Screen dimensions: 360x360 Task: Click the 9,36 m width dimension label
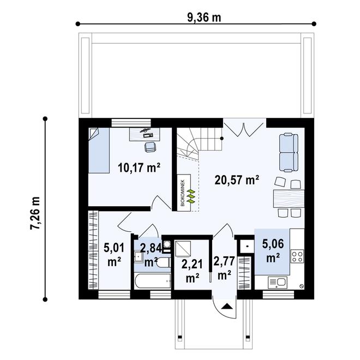click(x=204, y=18)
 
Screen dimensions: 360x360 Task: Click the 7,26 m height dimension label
click(x=35, y=213)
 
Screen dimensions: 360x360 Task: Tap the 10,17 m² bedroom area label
click(x=139, y=167)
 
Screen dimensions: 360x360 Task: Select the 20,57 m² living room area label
click(x=237, y=180)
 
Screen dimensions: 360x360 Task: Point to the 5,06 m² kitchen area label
click(x=273, y=250)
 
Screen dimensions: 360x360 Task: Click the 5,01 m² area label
click(x=114, y=255)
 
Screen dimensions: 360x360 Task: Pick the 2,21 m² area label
click(x=192, y=271)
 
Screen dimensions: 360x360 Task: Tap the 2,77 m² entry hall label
click(x=224, y=268)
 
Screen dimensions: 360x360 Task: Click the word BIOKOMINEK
click(x=183, y=193)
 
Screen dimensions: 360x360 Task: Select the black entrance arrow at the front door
click(x=227, y=307)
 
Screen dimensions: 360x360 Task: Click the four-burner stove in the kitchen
click(x=298, y=257)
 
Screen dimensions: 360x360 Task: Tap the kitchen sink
click(x=278, y=283)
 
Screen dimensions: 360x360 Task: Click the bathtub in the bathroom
click(x=153, y=281)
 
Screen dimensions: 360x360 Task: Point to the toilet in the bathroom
click(x=164, y=262)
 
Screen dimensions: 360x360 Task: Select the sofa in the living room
click(x=289, y=153)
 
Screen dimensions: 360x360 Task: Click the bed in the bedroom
click(x=99, y=151)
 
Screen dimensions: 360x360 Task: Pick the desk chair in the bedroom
click(x=150, y=147)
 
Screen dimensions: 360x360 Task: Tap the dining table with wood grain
click(x=289, y=199)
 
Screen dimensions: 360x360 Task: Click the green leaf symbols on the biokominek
click(x=191, y=196)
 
